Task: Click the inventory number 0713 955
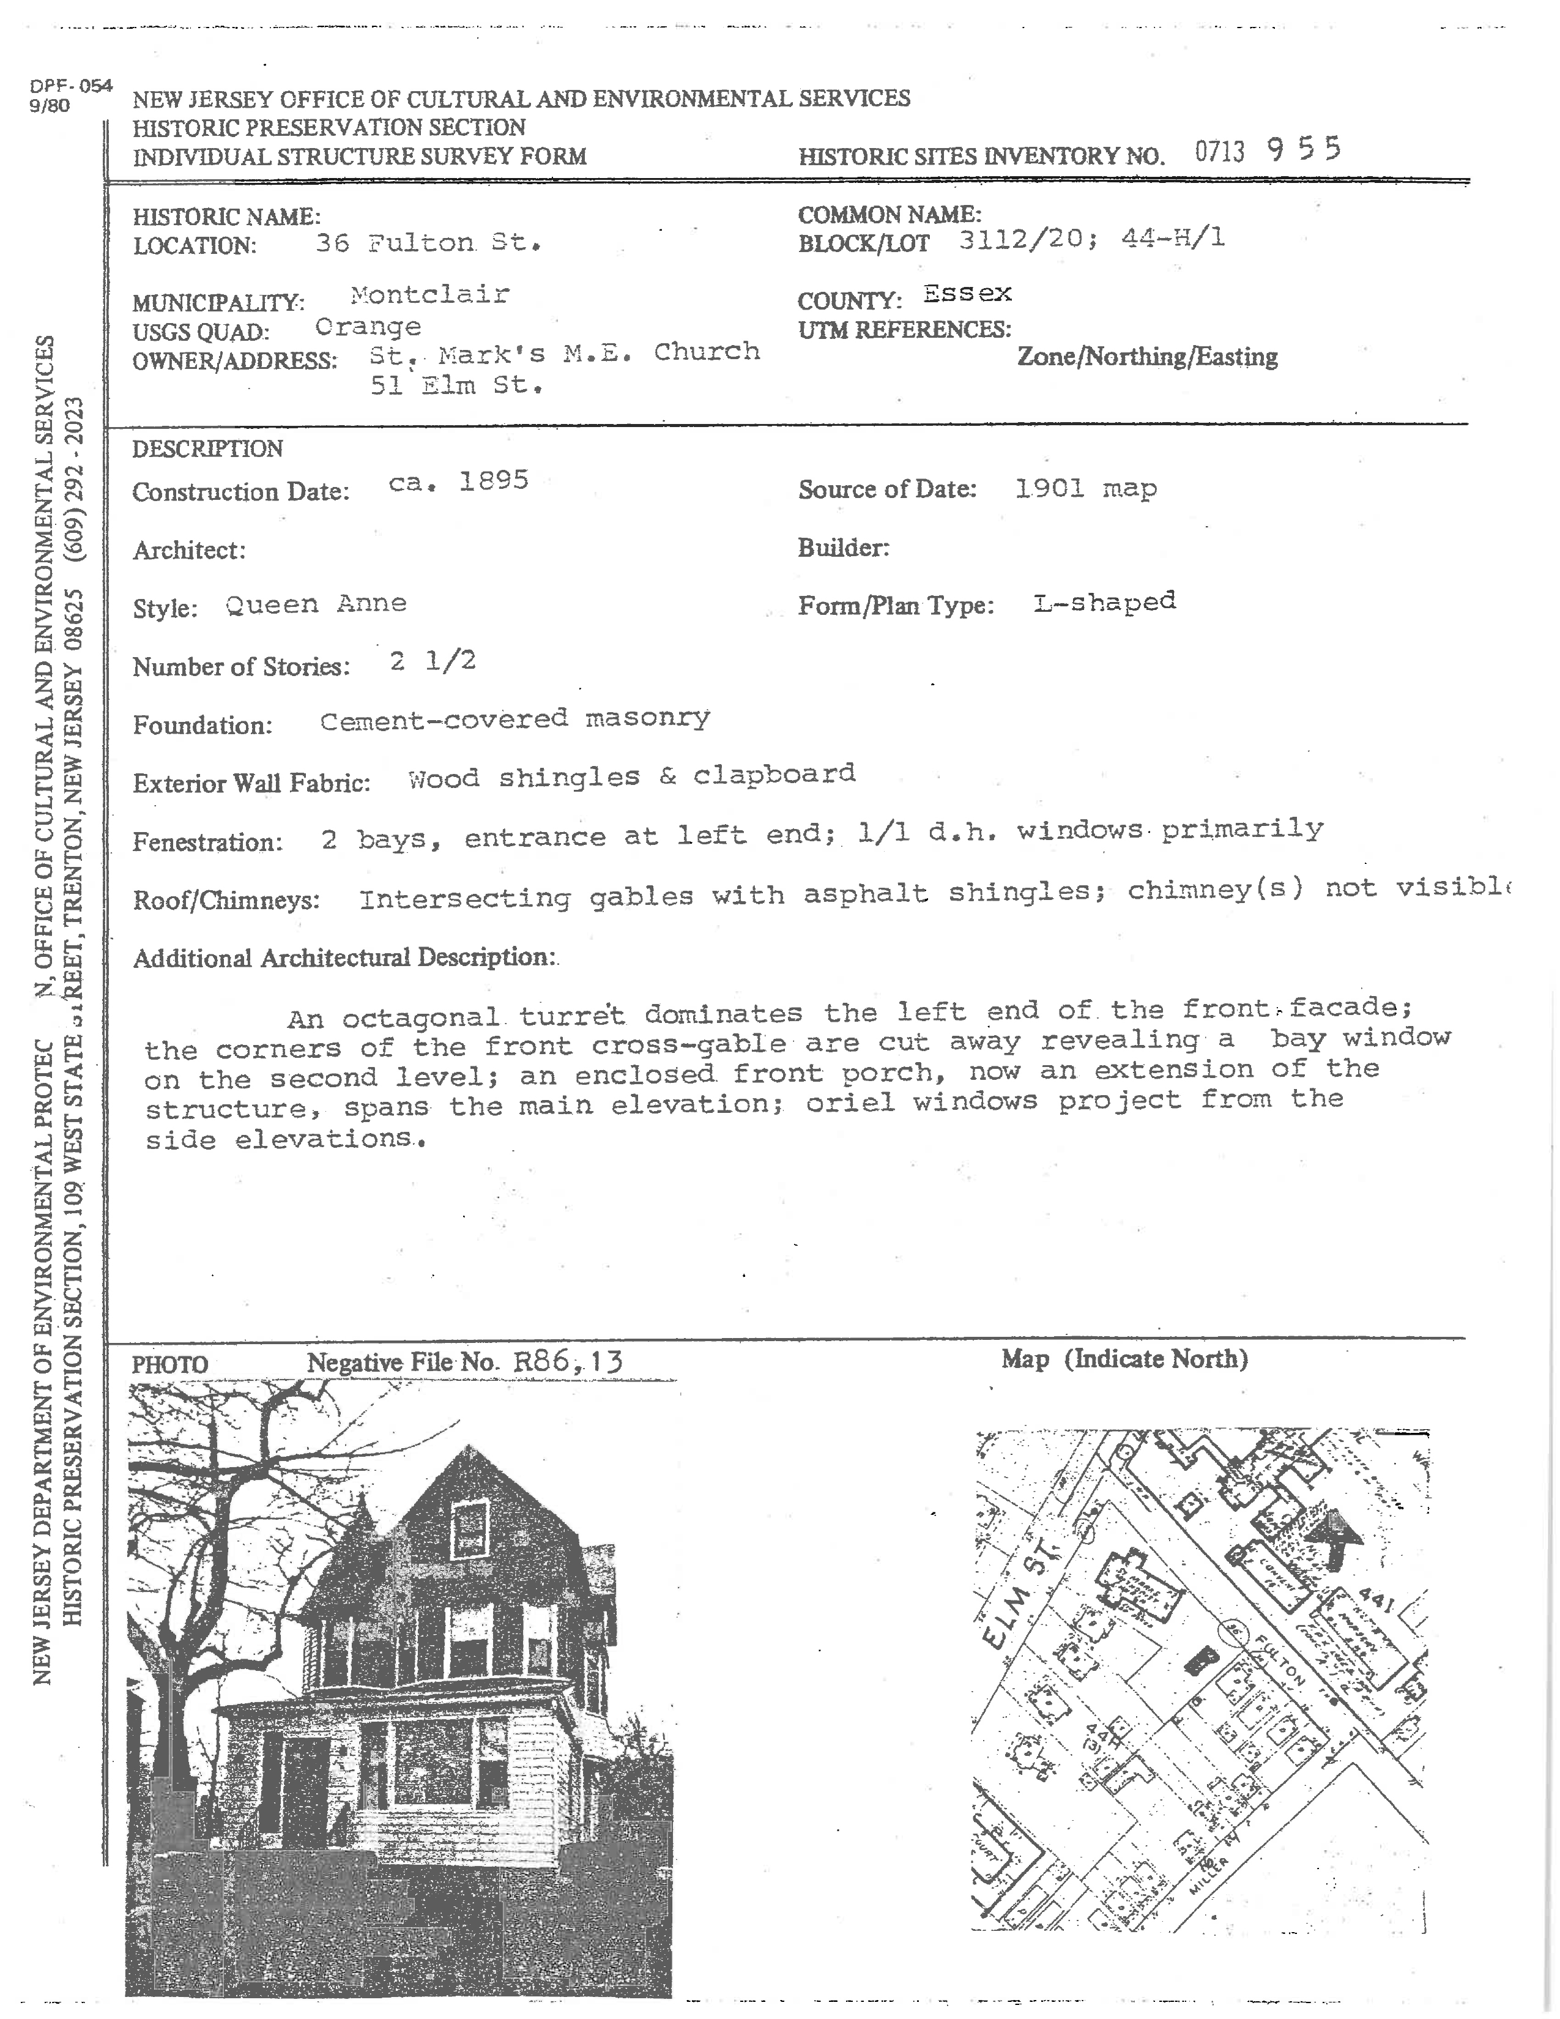coord(1266,151)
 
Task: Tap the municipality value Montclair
coord(429,295)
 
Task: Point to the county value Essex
coord(967,294)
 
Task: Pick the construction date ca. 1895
coord(458,482)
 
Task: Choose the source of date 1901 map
coord(1085,488)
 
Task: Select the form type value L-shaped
coord(1104,603)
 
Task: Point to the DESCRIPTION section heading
coord(207,449)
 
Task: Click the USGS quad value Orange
coord(368,327)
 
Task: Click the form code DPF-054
coord(70,87)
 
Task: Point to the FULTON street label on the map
coord(1280,1662)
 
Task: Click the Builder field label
coord(843,548)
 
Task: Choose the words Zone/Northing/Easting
coord(1147,357)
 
